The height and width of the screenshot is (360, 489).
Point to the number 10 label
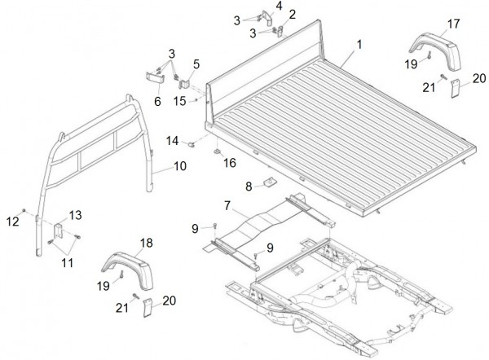(178, 166)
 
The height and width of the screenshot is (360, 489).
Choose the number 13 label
(75, 214)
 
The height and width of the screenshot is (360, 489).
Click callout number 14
(174, 142)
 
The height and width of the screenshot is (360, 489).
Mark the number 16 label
(230, 163)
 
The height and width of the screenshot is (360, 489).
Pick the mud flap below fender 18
(147, 309)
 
